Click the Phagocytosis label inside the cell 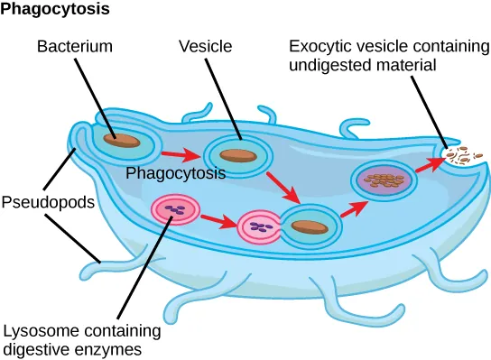click(175, 171)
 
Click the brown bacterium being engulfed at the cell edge click(121, 141)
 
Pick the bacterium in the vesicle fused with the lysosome click(309, 226)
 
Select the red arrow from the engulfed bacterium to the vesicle click(184, 154)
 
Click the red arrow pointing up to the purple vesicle click(355, 207)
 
